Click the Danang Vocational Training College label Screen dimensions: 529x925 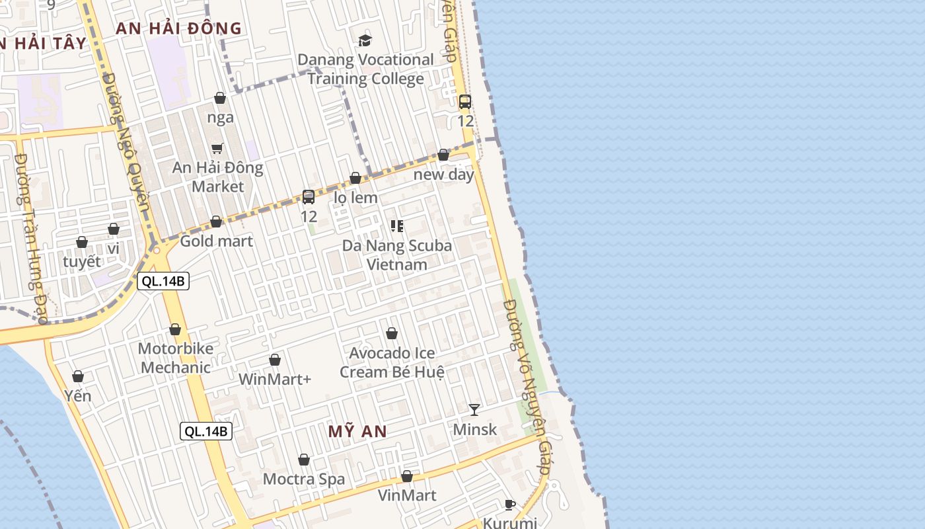[x=365, y=69]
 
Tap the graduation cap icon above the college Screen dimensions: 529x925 [x=365, y=40]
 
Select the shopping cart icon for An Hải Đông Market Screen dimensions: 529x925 [x=217, y=148]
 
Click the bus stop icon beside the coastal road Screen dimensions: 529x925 [x=465, y=102]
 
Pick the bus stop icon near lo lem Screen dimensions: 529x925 [x=309, y=196]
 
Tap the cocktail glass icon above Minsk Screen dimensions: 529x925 [x=474, y=410]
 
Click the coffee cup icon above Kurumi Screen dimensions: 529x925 [x=510, y=505]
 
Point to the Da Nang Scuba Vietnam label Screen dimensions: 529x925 [x=397, y=255]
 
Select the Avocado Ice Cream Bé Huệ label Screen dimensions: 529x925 [x=392, y=362]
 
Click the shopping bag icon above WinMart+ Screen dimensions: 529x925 [x=275, y=360]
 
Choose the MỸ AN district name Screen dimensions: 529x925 [x=357, y=432]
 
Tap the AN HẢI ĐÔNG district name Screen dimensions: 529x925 [x=178, y=28]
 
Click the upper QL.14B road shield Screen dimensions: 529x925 [x=163, y=281]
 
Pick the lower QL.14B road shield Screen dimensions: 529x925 [x=206, y=432]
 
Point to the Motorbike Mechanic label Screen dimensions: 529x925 [x=176, y=358]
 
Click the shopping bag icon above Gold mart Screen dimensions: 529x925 [x=216, y=222]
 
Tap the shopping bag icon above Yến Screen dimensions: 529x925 [x=78, y=376]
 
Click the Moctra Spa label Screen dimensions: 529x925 [x=304, y=479]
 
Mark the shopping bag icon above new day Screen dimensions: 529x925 [x=443, y=155]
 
